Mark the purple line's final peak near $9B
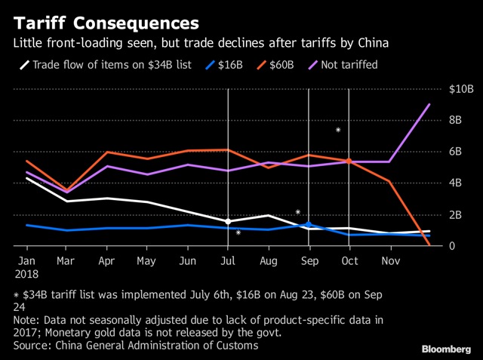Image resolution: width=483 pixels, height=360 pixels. pos(429,104)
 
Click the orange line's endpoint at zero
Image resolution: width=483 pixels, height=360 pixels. pos(429,245)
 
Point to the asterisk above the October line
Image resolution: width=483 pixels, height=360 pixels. pos(338,131)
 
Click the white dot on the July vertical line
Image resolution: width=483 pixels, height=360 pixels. pos(228,221)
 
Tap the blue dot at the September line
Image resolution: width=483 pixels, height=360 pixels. pos(308,223)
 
